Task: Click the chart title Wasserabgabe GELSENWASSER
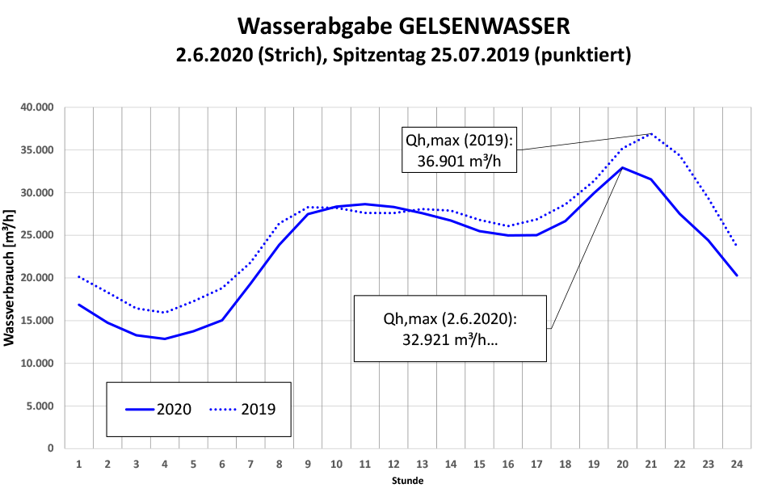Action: (x=404, y=26)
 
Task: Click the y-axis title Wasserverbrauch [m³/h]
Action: (x=10, y=277)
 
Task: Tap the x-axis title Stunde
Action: (x=407, y=481)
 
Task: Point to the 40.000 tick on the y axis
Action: (x=36, y=107)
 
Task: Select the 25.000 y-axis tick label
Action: (x=36, y=235)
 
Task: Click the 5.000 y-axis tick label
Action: (x=40, y=406)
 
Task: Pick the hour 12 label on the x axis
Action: (x=393, y=464)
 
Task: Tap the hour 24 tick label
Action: (x=736, y=464)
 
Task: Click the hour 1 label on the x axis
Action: (x=79, y=464)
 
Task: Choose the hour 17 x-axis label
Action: (x=536, y=464)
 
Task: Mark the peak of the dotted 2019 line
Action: (x=650, y=134)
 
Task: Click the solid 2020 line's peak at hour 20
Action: (x=622, y=167)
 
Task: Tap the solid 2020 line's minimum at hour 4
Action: (x=165, y=339)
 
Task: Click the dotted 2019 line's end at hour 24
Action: (x=736, y=245)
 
